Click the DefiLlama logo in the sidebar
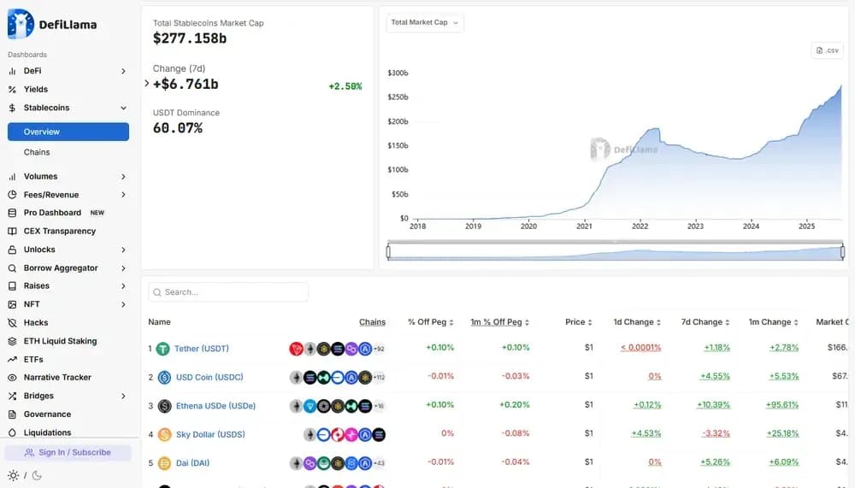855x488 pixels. (x=52, y=24)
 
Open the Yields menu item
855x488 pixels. (x=36, y=89)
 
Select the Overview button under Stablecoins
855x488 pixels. (x=68, y=132)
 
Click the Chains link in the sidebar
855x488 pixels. (x=37, y=152)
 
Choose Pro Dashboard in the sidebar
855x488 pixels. (x=52, y=213)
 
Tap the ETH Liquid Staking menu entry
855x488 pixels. (x=60, y=341)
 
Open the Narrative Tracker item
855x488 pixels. (x=57, y=377)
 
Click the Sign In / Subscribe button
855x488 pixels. (x=68, y=452)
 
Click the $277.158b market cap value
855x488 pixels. (x=190, y=38)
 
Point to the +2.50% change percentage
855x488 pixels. (x=345, y=86)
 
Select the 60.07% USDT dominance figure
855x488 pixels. (x=178, y=128)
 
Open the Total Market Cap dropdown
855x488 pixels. (x=425, y=22)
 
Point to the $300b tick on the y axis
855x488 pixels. (x=398, y=73)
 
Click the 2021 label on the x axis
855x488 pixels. (x=584, y=226)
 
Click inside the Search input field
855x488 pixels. (x=231, y=292)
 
